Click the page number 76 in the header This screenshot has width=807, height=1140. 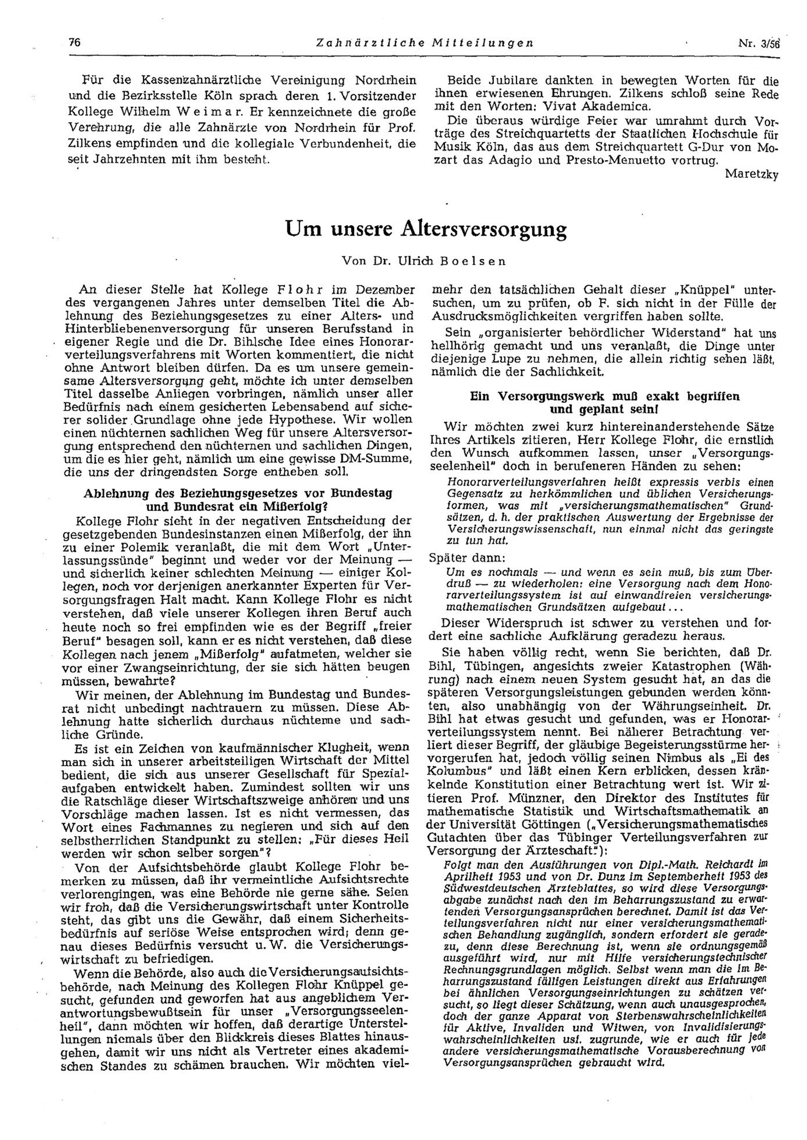coord(74,43)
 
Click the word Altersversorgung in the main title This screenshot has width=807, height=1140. coord(483,229)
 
